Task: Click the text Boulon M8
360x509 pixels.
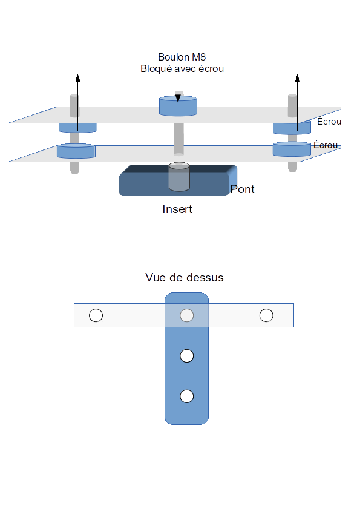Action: click(x=182, y=57)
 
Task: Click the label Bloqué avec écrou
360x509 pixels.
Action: click(x=182, y=69)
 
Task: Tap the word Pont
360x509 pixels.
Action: click(x=242, y=189)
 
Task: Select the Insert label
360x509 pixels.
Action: click(x=177, y=209)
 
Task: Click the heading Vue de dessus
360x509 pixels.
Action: click(x=185, y=278)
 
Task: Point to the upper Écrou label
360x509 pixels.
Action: click(x=329, y=122)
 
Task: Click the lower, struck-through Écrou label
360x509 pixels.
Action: click(x=326, y=145)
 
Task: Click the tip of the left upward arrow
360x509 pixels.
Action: click(x=77, y=74)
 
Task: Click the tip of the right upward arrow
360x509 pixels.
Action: click(x=297, y=74)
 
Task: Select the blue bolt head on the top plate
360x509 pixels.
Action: click(x=178, y=106)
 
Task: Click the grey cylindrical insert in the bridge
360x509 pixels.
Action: click(x=179, y=177)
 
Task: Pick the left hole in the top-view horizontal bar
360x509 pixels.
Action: click(x=96, y=315)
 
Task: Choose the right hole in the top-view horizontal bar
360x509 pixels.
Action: click(x=266, y=315)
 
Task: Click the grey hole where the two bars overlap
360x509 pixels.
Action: click(x=186, y=315)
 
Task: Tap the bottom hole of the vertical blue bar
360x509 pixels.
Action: click(x=186, y=396)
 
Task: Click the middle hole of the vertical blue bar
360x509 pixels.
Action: click(x=186, y=356)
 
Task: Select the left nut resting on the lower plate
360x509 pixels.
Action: click(x=76, y=151)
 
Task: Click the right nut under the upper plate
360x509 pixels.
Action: click(x=292, y=128)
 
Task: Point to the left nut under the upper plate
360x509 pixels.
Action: click(x=78, y=128)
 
